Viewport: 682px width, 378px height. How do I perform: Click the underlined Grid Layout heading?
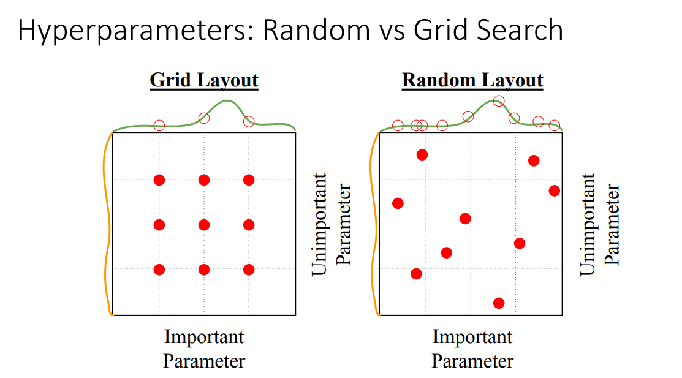(204, 80)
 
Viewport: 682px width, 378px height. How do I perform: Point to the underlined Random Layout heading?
(472, 80)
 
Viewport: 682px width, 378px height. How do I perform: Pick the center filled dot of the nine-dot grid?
(204, 225)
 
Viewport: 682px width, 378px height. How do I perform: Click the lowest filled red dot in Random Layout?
(499, 303)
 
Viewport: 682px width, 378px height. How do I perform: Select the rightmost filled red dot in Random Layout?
(554, 191)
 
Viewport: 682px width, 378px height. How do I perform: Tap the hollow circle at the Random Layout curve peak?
(499, 101)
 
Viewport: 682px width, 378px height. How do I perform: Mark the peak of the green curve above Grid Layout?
(227, 101)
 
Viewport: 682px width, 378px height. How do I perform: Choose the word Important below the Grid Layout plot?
(204, 337)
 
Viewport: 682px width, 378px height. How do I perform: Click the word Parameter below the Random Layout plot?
(472, 361)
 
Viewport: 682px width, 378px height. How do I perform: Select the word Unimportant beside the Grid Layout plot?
(319, 224)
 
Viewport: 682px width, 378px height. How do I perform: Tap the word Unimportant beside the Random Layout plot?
(587, 224)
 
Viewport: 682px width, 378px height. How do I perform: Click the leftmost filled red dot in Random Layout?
(398, 203)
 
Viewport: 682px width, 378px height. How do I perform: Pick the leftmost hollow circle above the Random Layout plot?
(398, 126)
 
